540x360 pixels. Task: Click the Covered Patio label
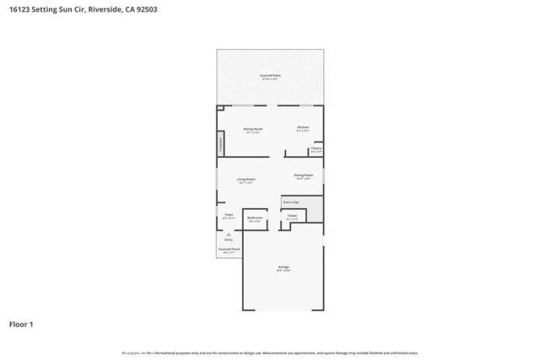click(270, 75)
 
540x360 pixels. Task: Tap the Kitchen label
click(303, 128)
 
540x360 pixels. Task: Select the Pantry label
click(316, 148)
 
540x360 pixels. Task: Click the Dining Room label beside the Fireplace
click(253, 128)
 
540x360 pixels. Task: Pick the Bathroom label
click(255, 218)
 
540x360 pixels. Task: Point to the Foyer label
click(229, 215)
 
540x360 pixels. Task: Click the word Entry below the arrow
click(228, 239)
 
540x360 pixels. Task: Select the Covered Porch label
click(228, 249)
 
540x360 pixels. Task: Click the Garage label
click(283, 267)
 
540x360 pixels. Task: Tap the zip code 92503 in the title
click(145, 10)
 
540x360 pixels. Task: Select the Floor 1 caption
click(21, 324)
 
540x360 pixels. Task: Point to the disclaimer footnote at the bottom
click(270, 352)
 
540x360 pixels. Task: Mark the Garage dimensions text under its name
click(283, 271)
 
